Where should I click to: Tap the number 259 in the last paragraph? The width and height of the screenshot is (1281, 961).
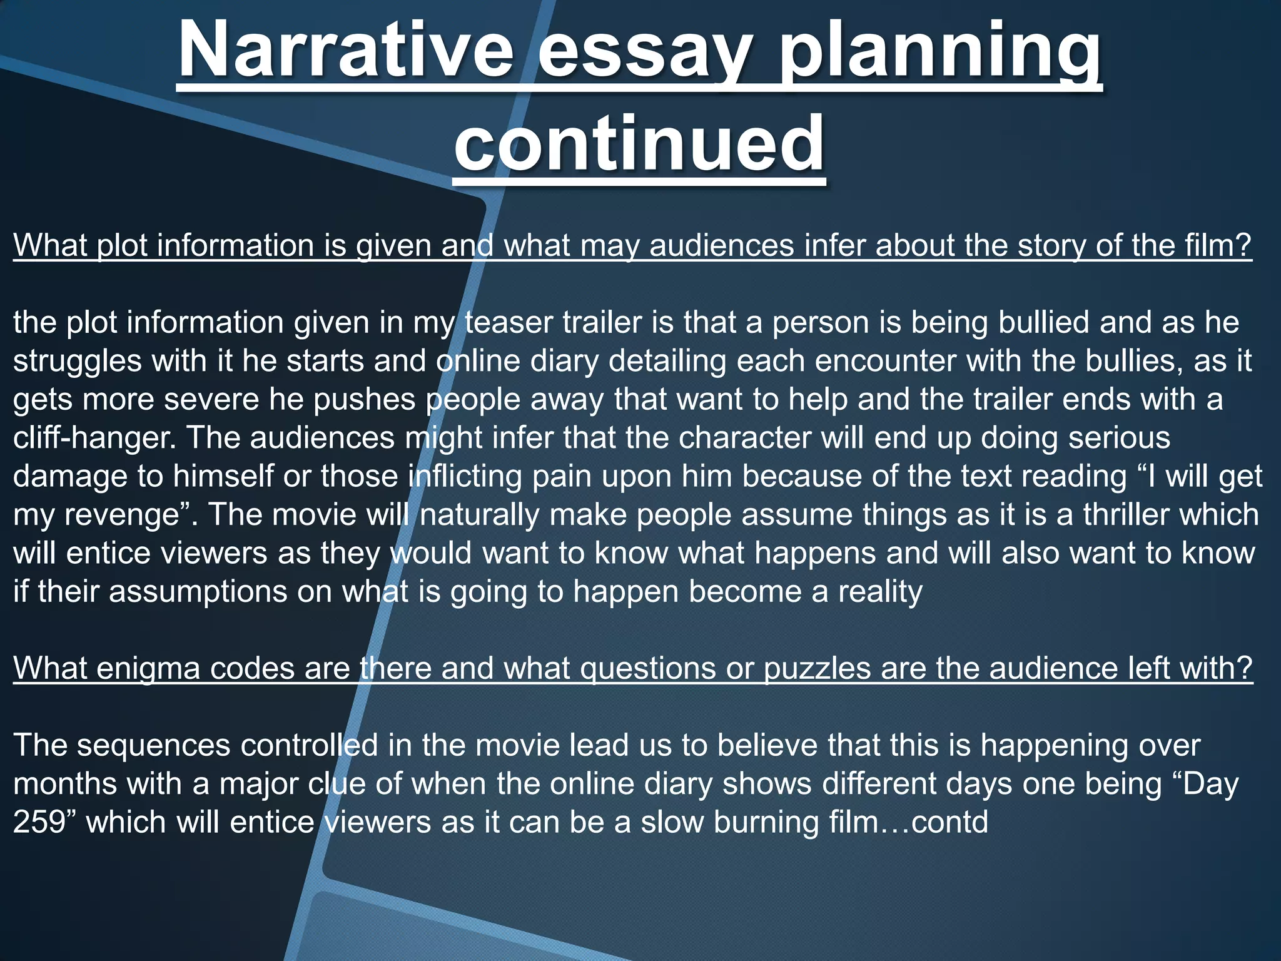click(x=39, y=821)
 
